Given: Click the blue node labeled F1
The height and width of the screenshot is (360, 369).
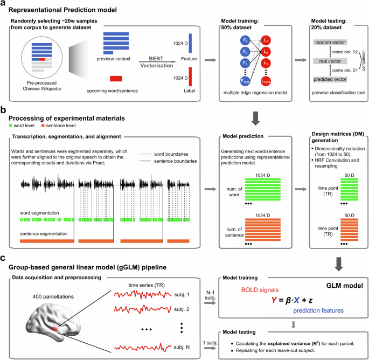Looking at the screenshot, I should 233,40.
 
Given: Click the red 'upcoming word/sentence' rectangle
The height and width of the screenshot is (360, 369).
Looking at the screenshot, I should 116,79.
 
